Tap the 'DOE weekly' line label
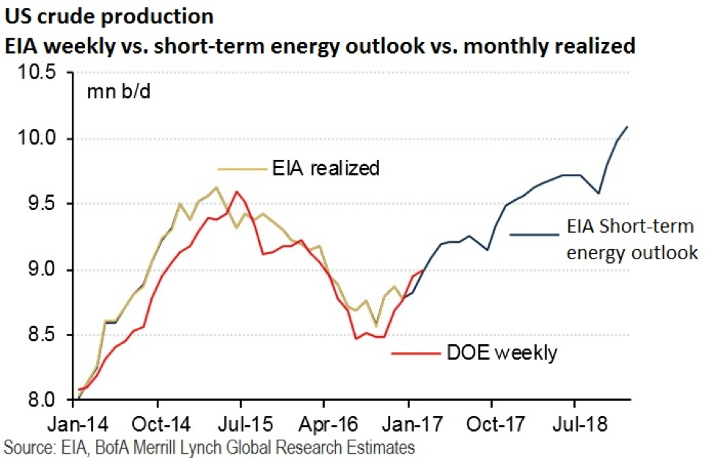coord(502,352)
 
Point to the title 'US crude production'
coord(110,16)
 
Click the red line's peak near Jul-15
coord(235,192)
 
